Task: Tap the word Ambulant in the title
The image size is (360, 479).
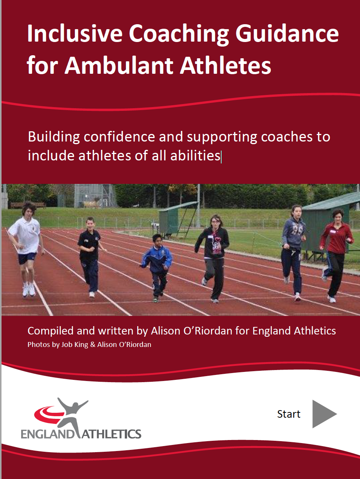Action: point(119,65)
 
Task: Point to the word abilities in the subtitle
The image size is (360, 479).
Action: point(195,156)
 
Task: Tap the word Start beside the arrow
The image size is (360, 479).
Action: point(289,414)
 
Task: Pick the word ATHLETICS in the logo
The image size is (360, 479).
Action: point(112,434)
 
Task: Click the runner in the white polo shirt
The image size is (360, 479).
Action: point(25,249)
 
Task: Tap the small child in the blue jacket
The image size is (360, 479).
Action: point(157,268)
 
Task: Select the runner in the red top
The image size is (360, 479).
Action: point(336,255)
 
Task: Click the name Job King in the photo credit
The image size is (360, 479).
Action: point(74,345)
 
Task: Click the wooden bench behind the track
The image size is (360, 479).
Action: point(28,205)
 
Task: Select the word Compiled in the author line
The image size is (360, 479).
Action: point(50,331)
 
